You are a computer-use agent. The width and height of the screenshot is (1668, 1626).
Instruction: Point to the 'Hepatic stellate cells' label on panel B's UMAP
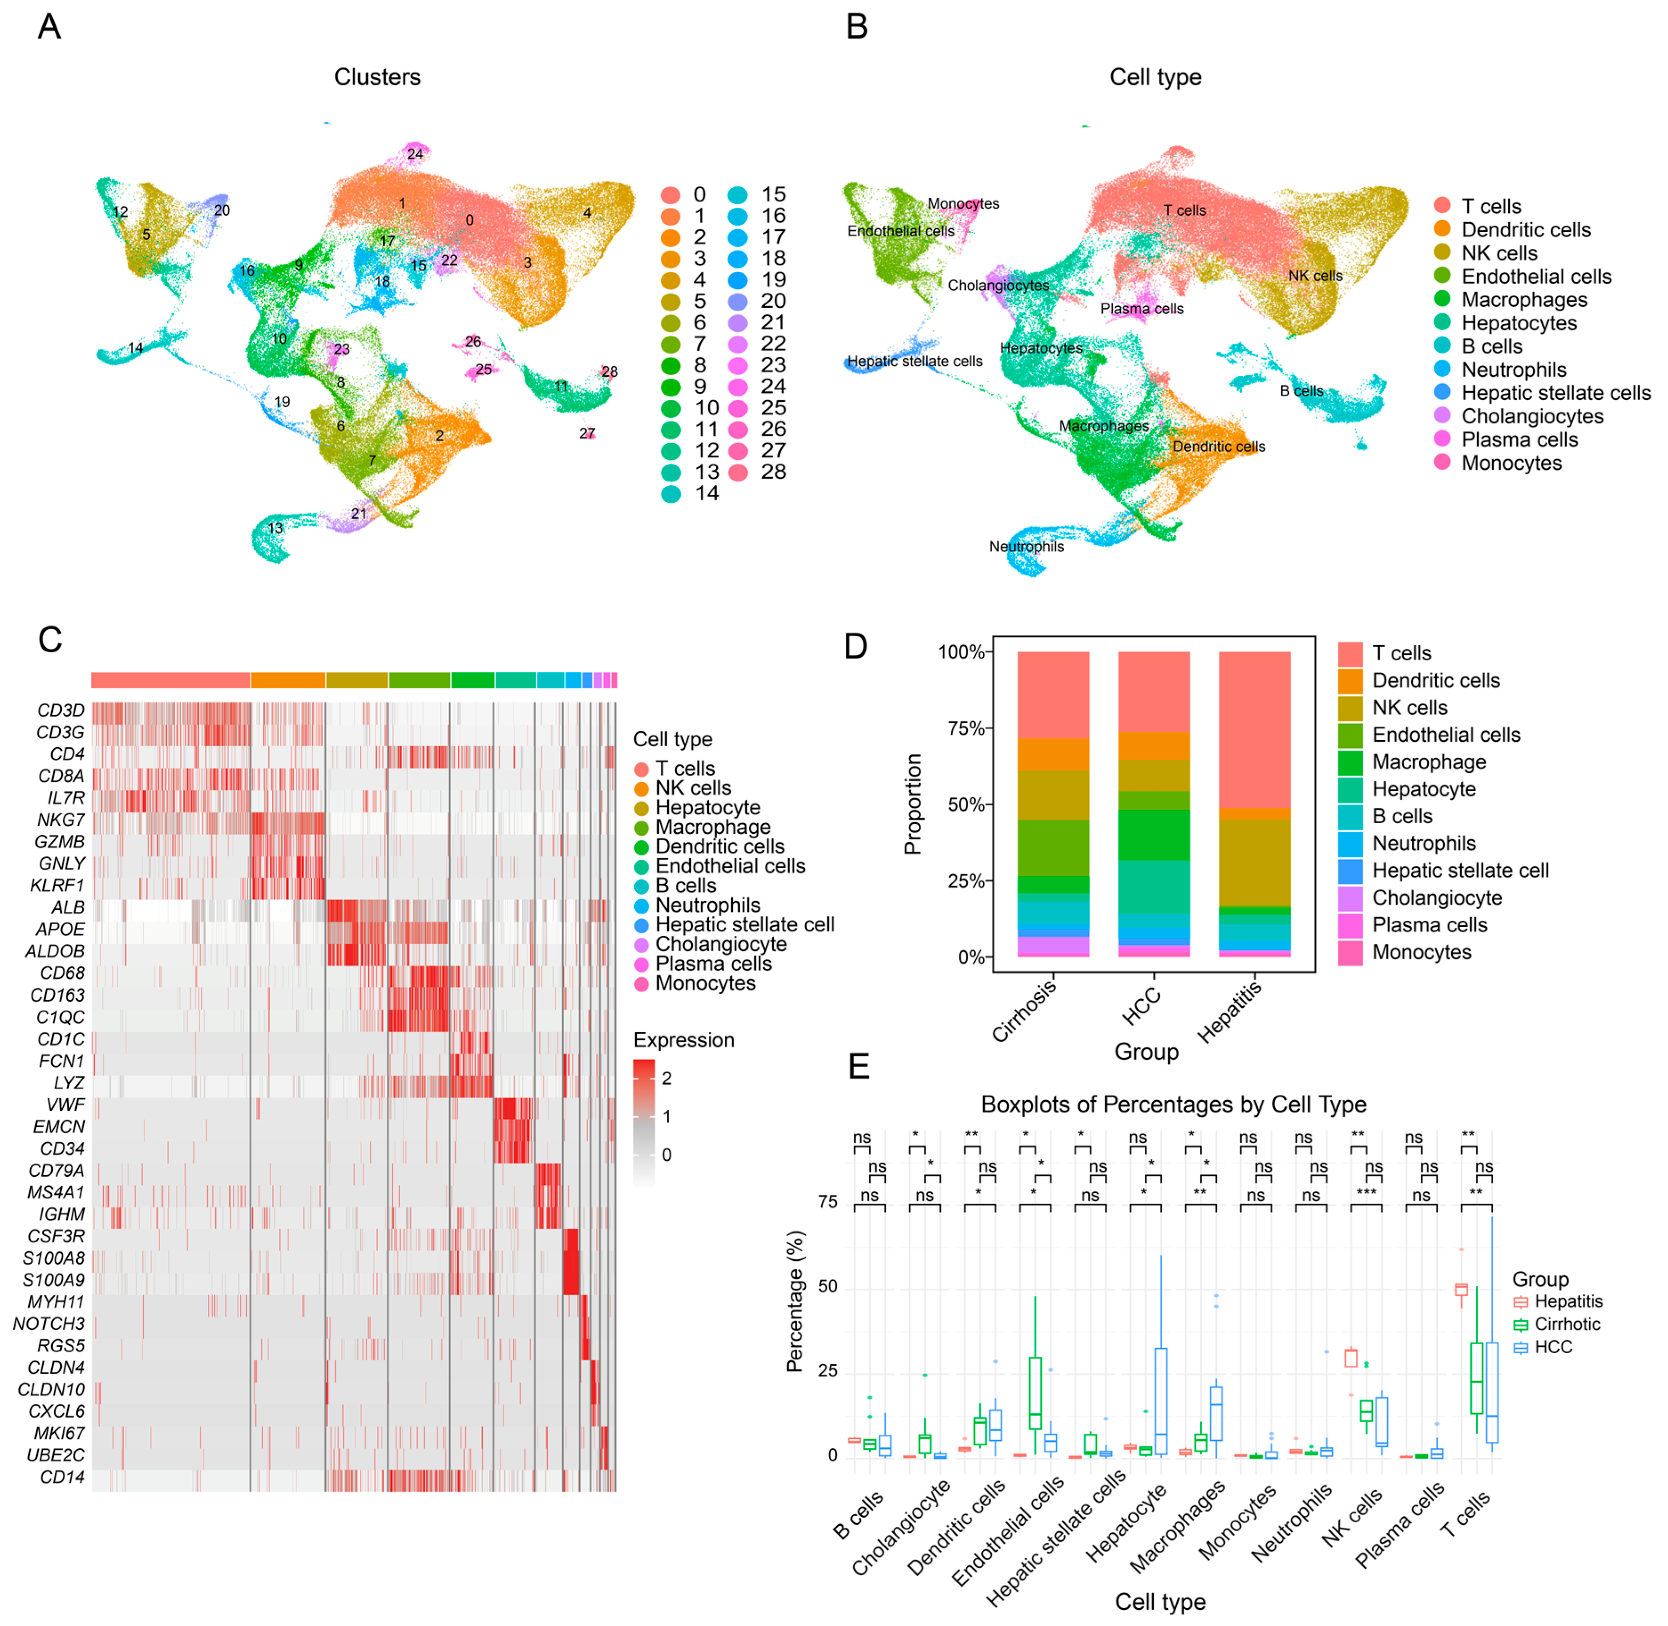click(x=914, y=361)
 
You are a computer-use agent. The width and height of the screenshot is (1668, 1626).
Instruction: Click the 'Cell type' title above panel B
click(x=1155, y=77)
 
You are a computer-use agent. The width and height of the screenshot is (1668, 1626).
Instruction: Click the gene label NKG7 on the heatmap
click(x=61, y=820)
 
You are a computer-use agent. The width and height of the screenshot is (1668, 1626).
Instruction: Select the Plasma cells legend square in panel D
click(x=1349, y=926)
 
